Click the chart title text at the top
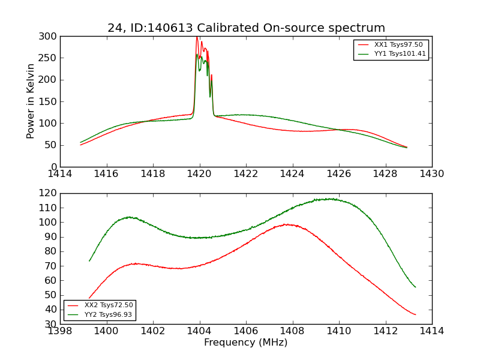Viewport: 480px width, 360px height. coord(246,28)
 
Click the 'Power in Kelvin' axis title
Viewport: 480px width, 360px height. coord(31,101)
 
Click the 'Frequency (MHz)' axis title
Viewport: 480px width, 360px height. coord(245,343)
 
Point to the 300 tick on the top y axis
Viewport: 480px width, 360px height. coord(49,36)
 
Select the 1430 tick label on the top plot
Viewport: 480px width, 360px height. coord(431,174)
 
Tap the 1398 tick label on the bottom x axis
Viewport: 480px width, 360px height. coord(60,331)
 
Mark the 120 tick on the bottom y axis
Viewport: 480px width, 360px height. coord(49,193)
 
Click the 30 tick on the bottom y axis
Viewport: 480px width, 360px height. coord(52,324)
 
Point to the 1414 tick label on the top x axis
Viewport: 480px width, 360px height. coord(60,174)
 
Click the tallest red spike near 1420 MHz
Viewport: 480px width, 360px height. coord(197,38)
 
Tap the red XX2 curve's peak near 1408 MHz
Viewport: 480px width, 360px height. coord(289,224)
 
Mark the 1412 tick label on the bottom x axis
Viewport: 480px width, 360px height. coord(385,331)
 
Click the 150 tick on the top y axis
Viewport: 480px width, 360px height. coord(49,101)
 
